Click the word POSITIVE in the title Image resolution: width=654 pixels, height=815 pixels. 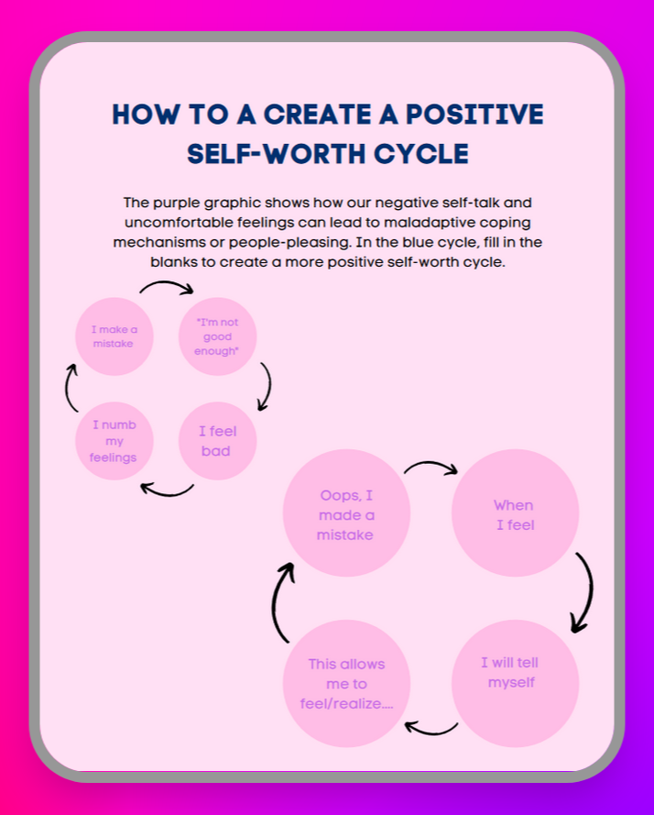474,115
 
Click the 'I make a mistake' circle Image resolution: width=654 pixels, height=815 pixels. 114,336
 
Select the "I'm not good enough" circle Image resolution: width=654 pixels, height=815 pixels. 218,336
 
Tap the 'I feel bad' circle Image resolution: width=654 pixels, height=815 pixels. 218,441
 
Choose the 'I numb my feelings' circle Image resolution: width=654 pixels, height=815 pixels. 114,441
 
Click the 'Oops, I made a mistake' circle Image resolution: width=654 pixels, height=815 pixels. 346,513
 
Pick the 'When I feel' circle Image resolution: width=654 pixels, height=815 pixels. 516,513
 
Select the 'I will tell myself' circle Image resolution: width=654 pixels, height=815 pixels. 516,684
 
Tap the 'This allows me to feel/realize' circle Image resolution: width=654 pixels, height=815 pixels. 346,684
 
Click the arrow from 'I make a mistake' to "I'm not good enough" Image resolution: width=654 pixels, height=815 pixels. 166,282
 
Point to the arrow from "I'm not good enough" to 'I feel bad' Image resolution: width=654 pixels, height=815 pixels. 269,386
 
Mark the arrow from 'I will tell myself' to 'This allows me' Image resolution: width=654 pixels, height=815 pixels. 432,732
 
